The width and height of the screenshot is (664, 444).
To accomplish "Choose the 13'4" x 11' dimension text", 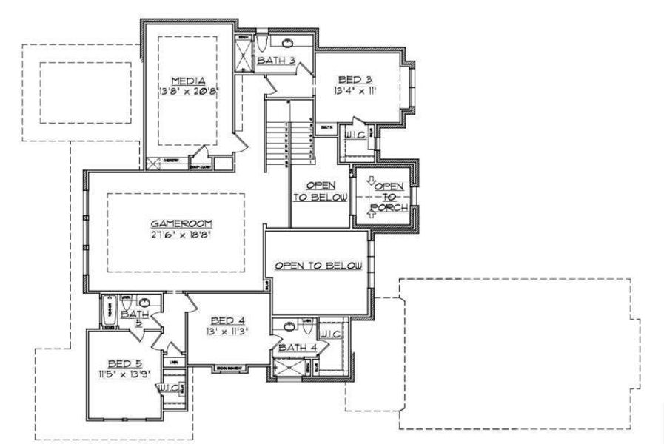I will (x=356, y=91).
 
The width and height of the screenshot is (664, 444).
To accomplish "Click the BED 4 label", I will (x=224, y=320).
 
